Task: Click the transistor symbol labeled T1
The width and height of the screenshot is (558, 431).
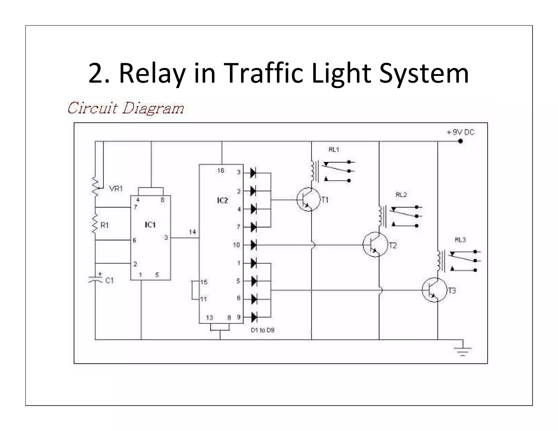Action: pos(308,199)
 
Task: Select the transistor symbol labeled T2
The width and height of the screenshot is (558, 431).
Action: pos(375,244)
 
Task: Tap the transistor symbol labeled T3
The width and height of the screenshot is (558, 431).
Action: pos(434,290)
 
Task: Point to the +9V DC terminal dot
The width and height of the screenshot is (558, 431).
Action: pos(460,141)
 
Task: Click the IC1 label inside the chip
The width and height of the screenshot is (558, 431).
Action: pos(150,225)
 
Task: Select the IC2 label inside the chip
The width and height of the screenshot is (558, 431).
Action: pos(222,201)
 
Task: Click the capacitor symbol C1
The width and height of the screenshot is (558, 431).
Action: pos(95,279)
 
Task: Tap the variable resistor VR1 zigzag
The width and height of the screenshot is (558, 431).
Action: pos(95,187)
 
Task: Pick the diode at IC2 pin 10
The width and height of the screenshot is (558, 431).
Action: pos(253,245)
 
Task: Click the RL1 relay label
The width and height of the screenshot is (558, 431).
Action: pos(333,150)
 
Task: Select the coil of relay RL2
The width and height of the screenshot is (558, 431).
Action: pos(380,216)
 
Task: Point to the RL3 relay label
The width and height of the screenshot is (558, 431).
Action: pos(460,240)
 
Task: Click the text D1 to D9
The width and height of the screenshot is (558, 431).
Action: pos(262,330)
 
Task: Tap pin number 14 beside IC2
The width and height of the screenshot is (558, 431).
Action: pos(192,232)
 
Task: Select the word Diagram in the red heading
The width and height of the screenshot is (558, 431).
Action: pos(153,108)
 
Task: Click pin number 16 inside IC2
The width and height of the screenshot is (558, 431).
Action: pos(220,171)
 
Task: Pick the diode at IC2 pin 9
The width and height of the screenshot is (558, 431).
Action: pos(254,317)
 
